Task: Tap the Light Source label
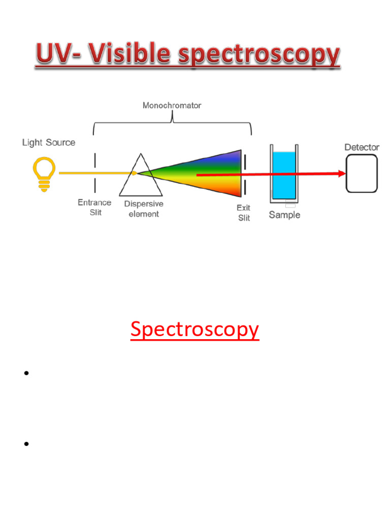(49, 143)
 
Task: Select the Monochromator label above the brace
(172, 106)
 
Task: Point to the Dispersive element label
(144, 209)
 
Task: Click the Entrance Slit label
(95, 207)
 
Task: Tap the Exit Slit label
(244, 213)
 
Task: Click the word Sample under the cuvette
(284, 215)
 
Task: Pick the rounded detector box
(362, 174)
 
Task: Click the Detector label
(362, 147)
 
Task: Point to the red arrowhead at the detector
(341, 174)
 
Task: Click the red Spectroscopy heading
(194, 329)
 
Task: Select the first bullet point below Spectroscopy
(25, 374)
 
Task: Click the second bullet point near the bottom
(25, 444)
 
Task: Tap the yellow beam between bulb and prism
(96, 173)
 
